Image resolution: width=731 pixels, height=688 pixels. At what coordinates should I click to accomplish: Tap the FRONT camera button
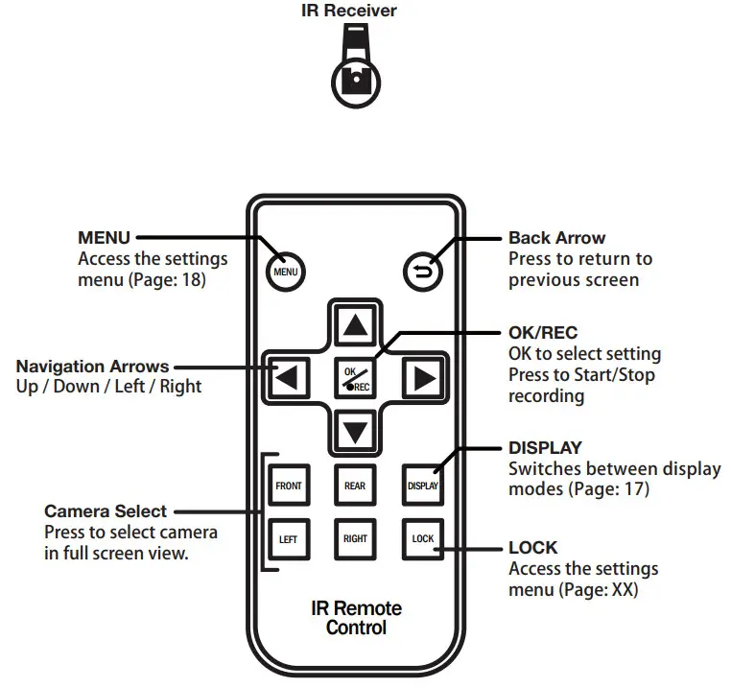pos(289,486)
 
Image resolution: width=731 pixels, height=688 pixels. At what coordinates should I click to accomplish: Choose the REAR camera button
pos(355,486)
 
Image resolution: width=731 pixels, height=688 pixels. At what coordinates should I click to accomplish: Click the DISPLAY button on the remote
pos(423,486)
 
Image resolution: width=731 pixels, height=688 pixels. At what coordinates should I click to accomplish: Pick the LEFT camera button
pos(289,539)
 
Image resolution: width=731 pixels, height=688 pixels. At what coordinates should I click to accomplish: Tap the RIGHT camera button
pos(355,539)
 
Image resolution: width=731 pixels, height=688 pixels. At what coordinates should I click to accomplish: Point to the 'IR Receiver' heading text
pos(356,12)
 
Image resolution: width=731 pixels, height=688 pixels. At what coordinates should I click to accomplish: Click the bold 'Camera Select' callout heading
pos(105,511)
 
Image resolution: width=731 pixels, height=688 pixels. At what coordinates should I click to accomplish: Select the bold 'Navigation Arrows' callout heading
pos(93,367)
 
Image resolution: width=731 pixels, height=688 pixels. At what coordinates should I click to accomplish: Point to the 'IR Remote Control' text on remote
pos(356,619)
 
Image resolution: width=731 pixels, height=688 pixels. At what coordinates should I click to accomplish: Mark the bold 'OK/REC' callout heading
pos(543,333)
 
